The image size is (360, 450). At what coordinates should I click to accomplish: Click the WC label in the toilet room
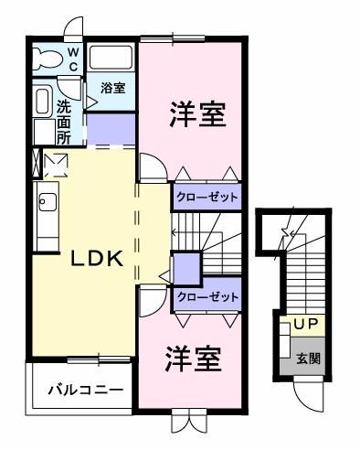point(73,59)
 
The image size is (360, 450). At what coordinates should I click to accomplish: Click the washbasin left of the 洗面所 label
point(42,102)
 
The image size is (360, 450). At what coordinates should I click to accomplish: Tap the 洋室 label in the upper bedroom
point(196,116)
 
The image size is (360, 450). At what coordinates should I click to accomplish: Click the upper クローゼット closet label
point(206,197)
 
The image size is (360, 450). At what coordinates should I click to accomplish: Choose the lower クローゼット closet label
point(206,297)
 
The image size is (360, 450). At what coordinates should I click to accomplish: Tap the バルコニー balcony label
point(85,390)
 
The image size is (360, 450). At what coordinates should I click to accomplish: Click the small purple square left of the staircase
point(187,269)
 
